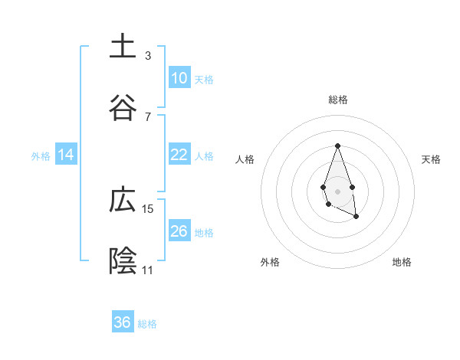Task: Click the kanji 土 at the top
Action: tap(123, 47)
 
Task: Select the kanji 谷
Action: tap(123, 109)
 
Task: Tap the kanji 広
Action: tap(123, 201)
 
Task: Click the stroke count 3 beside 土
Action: tap(148, 55)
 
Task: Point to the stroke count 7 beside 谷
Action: tap(148, 116)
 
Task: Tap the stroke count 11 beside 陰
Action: tap(148, 270)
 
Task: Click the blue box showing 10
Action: tap(179, 78)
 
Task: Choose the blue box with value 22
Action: tap(179, 155)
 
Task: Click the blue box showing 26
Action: tap(179, 231)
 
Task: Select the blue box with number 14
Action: tap(66, 155)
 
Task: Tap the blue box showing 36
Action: tap(123, 322)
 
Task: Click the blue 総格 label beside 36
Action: tap(147, 324)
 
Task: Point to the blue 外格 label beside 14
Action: tap(41, 156)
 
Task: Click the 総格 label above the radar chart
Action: tap(337, 100)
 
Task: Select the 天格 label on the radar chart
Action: tap(431, 159)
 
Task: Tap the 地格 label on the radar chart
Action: tap(402, 262)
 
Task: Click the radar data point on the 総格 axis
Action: tap(337, 146)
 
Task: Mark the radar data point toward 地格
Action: tap(356, 217)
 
